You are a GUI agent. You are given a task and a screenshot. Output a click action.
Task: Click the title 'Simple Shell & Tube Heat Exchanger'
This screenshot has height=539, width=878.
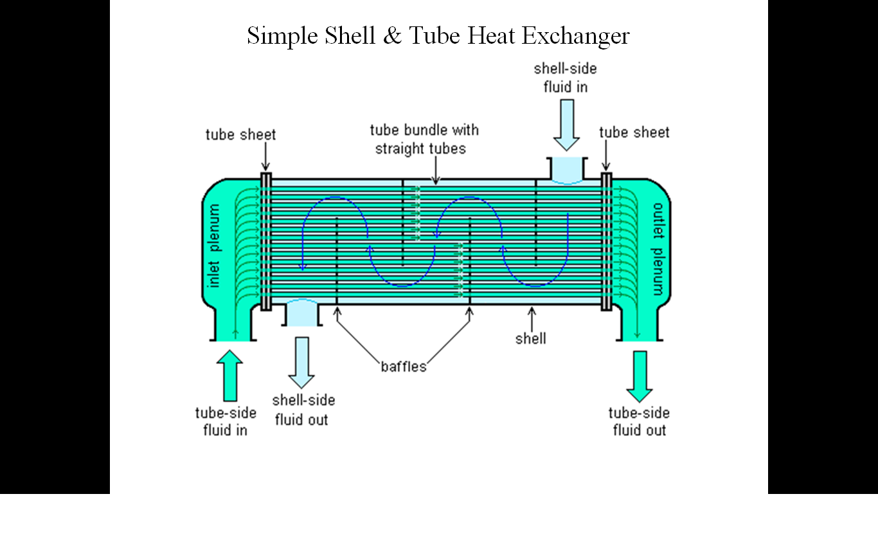point(438,36)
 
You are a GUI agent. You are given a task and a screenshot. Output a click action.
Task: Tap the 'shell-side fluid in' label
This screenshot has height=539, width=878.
point(565,78)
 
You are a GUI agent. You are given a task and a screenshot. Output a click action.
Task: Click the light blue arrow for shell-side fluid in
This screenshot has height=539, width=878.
point(566,125)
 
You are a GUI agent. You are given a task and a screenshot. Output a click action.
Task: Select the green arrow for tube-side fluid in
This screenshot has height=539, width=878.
point(229,376)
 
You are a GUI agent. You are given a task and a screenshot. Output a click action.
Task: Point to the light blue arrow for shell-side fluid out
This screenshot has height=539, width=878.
point(301,363)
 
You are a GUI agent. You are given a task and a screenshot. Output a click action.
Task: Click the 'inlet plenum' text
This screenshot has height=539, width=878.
point(213,246)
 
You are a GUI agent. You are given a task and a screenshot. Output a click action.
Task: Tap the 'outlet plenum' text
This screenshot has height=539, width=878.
point(658,249)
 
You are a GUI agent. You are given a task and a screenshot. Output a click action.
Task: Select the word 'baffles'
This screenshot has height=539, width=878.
point(404,367)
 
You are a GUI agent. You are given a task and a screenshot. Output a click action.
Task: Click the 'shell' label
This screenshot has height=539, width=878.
point(531,338)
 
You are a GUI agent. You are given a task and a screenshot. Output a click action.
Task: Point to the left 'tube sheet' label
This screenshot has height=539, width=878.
point(240,134)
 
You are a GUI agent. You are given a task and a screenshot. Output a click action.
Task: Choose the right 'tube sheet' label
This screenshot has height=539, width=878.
point(634,132)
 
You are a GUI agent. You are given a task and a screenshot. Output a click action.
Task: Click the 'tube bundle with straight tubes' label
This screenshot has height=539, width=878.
point(424,140)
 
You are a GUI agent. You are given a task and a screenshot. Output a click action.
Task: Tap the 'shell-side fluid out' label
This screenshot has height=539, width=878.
point(303,410)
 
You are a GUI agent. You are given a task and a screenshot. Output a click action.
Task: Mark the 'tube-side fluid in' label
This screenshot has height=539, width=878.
point(226,422)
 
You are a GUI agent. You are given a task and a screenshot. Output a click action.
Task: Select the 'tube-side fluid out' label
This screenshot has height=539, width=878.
point(640,422)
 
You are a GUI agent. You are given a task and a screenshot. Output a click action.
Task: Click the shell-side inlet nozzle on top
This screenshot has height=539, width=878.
point(567,169)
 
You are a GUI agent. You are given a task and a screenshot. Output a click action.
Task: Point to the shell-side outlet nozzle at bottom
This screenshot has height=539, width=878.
point(302,313)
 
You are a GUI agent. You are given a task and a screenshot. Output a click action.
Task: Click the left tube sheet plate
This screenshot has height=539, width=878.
point(266,242)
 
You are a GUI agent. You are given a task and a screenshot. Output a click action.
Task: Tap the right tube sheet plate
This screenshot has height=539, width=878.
point(606,242)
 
